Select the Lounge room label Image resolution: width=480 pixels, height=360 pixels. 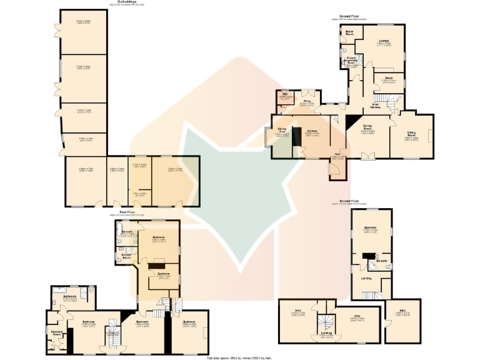pos(384,41)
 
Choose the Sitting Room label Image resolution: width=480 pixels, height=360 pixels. pos(411,134)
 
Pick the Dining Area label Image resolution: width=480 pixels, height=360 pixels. pos(282,131)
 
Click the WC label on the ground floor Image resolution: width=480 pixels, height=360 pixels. pos(284,94)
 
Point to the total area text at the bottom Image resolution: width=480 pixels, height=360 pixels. pos(239,357)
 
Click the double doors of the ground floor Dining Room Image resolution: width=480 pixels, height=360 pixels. pos(369,156)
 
